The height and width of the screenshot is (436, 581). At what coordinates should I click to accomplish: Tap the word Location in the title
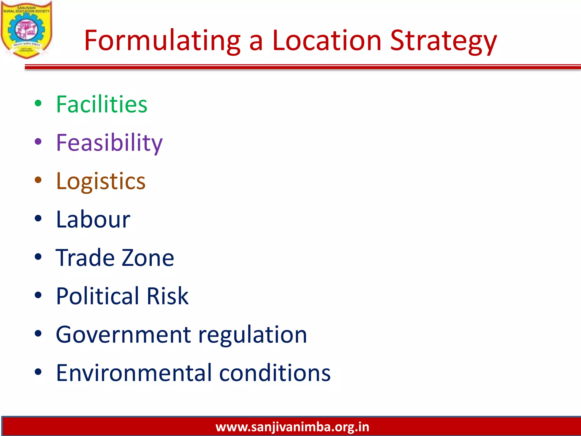327,41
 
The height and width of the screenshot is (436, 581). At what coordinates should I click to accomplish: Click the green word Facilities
102,104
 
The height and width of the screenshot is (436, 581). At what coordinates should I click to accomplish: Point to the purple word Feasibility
109,143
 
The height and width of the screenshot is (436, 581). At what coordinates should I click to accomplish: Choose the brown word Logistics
101,181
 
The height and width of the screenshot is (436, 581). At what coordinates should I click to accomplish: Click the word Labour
93,219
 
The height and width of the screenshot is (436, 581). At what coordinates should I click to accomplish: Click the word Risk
167,296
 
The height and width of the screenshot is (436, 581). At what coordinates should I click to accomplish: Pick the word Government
123,334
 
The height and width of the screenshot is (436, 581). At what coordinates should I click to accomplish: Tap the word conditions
275,373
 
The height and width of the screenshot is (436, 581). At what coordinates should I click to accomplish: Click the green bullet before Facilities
38,103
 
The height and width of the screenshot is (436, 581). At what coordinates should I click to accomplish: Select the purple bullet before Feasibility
38,141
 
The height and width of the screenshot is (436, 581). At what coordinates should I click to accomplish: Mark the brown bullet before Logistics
38,180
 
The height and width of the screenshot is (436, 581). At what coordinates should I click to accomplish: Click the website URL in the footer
292,427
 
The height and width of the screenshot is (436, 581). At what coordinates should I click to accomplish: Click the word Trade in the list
85,258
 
